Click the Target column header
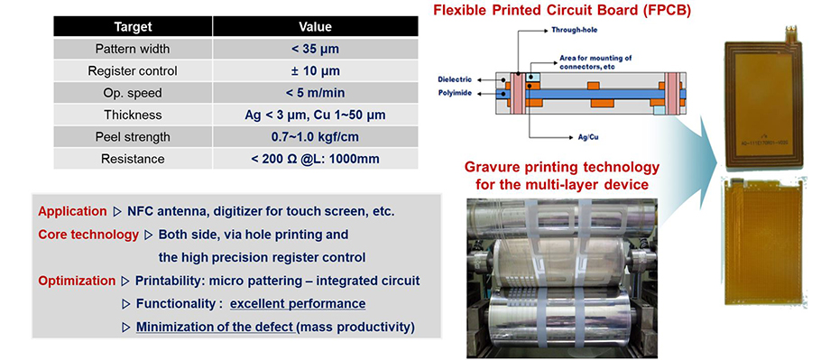point(133,26)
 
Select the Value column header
point(315,26)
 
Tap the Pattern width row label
point(133,49)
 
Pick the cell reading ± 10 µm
point(315,71)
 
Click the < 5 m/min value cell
point(315,93)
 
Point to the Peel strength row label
point(133,136)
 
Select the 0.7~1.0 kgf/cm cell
point(315,136)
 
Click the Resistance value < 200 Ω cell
point(315,159)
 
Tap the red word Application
point(72,212)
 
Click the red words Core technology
point(88,235)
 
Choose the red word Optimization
point(76,281)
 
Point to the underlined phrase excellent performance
point(298,304)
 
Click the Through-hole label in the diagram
point(575,30)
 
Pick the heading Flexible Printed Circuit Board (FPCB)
point(562,11)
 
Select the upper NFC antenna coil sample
point(762,99)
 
